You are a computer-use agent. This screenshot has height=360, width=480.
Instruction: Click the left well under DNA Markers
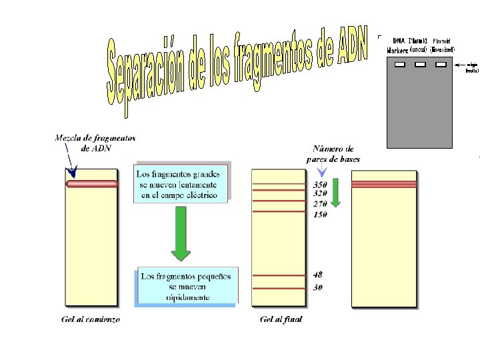pos(400,65)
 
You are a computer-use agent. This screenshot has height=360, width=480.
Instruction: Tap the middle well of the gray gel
pos(420,65)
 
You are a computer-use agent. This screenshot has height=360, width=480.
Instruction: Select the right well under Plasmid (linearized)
pos(441,65)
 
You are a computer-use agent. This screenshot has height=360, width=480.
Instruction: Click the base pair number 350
pos(321,184)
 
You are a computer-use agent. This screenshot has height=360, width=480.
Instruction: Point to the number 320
pos(321,193)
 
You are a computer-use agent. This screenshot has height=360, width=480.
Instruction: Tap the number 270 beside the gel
pos(321,203)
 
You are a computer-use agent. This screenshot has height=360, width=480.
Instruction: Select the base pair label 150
pos(321,214)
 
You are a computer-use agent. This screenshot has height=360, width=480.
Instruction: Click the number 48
pos(318,275)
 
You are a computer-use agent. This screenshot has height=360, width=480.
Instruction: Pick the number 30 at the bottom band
pos(318,287)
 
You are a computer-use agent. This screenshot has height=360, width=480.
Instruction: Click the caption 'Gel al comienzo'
pos(91,320)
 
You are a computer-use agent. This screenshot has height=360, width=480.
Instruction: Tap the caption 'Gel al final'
pos(281,320)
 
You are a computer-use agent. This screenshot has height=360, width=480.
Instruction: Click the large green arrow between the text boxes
pos(181,233)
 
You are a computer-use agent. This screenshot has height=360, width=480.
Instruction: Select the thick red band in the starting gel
pos(92,183)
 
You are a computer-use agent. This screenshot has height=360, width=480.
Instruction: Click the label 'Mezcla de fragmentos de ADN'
pos(95,143)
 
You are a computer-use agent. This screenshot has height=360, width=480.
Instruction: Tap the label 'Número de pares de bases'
pos(333,154)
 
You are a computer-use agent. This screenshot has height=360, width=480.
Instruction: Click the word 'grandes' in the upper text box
pos(207,176)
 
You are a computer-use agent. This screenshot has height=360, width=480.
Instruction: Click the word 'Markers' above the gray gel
pos(397,51)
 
